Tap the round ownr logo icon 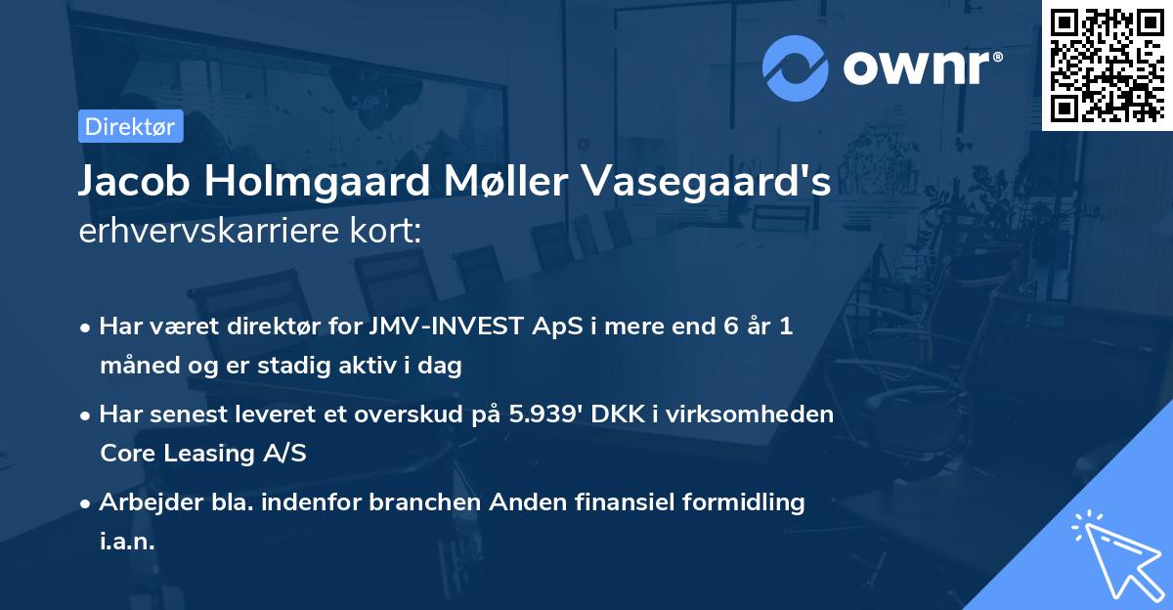(796, 68)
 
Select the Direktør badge (130, 126)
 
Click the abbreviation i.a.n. (127, 541)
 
